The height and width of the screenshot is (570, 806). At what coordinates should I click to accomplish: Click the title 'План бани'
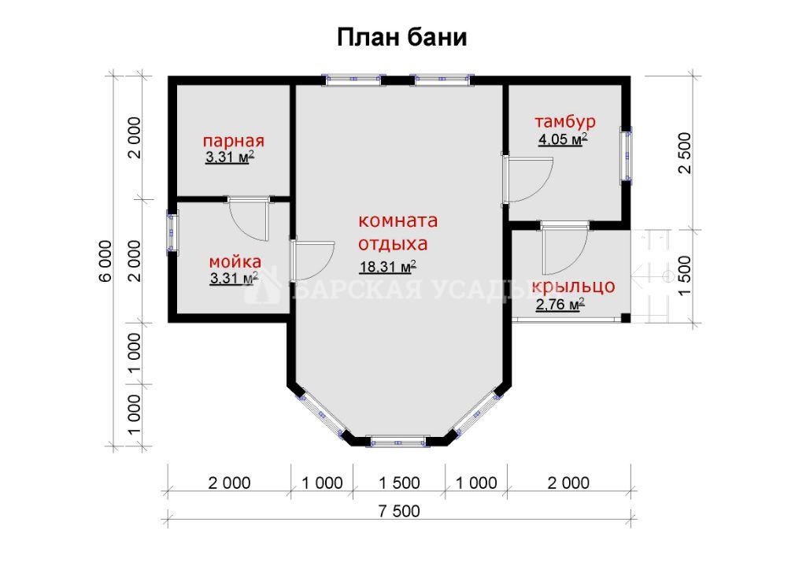point(402,38)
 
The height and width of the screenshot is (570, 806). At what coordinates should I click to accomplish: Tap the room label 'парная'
point(233,141)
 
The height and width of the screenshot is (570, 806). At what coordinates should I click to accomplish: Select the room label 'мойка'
point(235,262)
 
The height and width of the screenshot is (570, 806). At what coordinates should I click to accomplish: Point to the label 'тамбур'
point(565,121)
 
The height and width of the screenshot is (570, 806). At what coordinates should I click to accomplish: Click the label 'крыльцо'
point(573,286)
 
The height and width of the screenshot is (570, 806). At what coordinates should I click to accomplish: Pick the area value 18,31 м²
point(387,267)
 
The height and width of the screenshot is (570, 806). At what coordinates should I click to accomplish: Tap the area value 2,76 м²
point(560,305)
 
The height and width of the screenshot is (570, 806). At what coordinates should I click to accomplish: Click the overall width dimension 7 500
point(399,512)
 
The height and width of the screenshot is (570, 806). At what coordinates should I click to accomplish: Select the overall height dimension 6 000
point(105,261)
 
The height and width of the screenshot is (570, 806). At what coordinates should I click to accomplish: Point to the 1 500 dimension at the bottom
point(399,483)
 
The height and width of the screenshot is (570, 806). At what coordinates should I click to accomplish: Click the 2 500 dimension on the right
point(686,154)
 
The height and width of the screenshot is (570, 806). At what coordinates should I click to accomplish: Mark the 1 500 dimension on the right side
point(686,276)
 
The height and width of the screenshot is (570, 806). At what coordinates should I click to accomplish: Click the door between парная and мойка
point(250,218)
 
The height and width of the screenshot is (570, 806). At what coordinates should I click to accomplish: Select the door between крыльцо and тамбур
point(564,249)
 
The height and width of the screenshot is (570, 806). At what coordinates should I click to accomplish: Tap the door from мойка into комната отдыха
point(312,261)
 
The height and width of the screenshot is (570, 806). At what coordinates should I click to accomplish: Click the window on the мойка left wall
point(172,231)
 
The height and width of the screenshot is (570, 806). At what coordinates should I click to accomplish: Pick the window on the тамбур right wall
point(627,154)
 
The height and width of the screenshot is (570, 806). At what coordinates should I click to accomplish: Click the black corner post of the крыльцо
point(626,317)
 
